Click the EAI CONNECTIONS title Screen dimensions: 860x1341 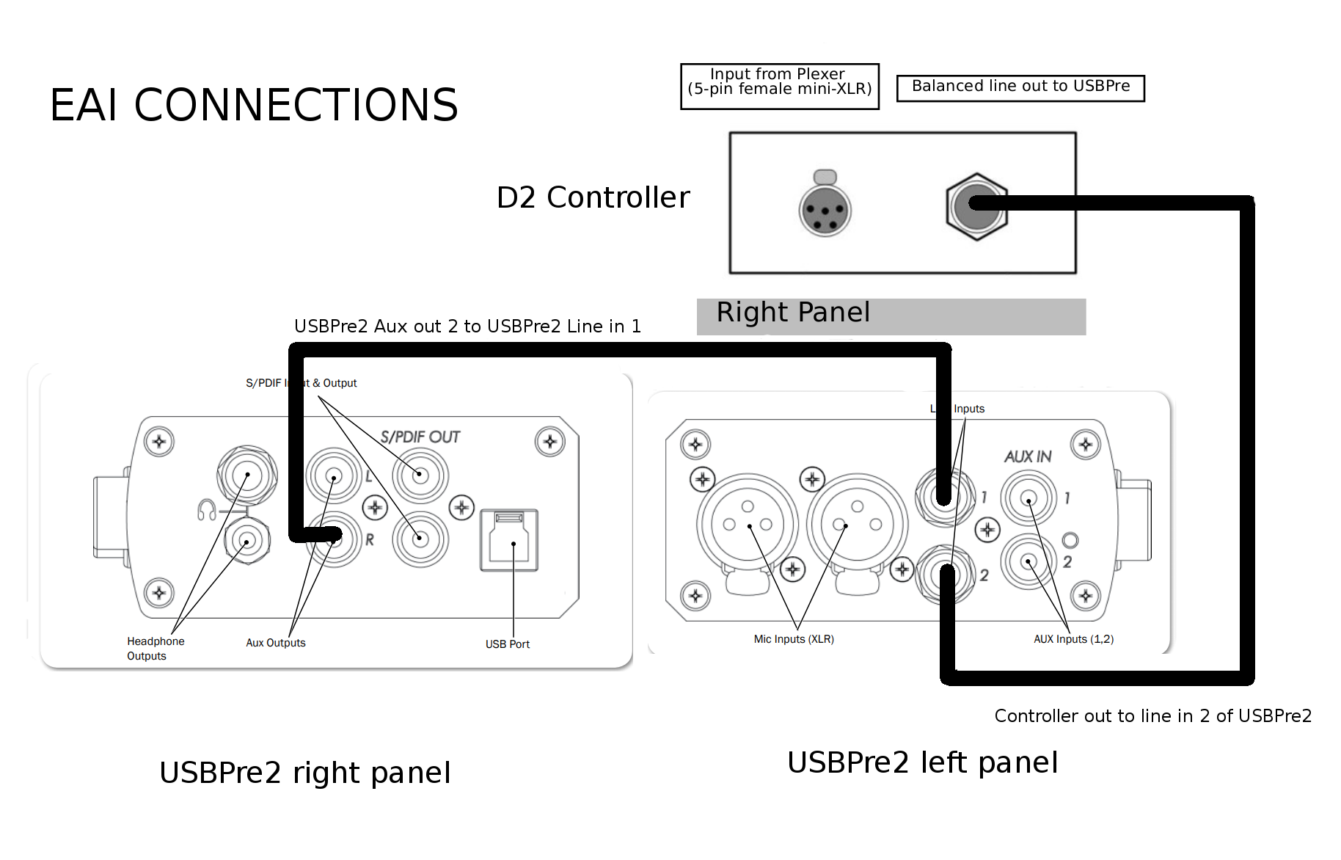[x=254, y=105]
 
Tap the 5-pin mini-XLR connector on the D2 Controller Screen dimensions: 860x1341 [x=825, y=211]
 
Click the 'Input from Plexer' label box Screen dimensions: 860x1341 [x=779, y=86]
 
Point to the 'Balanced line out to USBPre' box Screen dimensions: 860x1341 [x=1020, y=87]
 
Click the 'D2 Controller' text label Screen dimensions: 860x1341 [x=593, y=197]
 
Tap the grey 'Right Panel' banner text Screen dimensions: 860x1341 [x=793, y=313]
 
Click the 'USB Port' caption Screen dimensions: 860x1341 [x=507, y=644]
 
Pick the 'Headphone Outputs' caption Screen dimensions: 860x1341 [x=155, y=649]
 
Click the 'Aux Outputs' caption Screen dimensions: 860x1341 [x=275, y=643]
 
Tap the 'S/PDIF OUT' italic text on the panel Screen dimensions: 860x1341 [x=420, y=437]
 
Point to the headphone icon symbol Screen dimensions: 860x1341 [x=206, y=509]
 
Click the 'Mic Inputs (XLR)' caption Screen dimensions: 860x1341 [x=793, y=639]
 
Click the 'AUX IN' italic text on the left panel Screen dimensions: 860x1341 [x=1027, y=456]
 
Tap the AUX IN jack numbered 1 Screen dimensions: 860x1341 [x=1028, y=498]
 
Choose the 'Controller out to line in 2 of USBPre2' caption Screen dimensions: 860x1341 [x=1152, y=716]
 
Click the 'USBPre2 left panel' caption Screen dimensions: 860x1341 [x=922, y=763]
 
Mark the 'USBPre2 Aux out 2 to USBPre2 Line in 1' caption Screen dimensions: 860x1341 [x=467, y=327]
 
